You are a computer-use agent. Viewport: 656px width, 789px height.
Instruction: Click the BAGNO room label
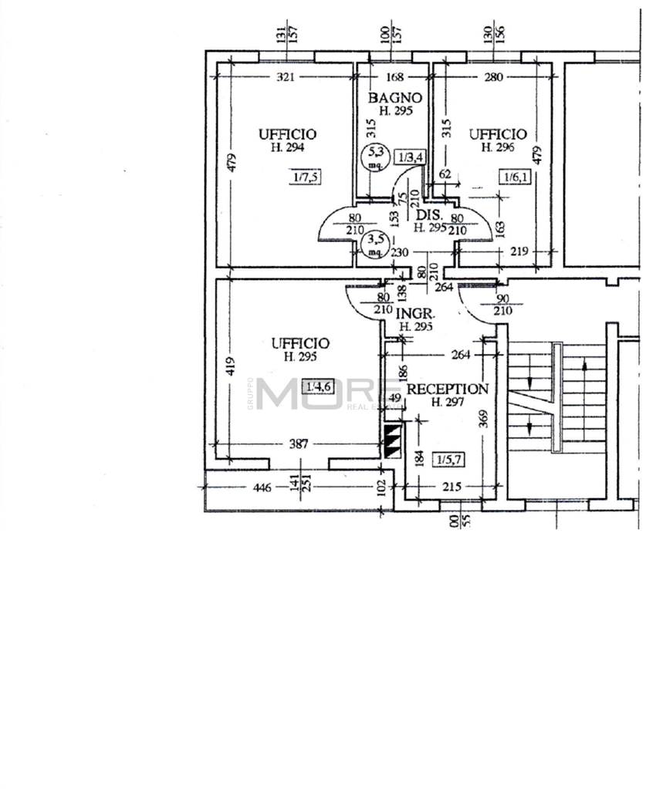pos(394,98)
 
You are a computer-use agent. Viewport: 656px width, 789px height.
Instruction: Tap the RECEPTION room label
pos(447,389)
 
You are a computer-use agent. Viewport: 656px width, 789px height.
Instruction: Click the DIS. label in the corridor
pos(428,215)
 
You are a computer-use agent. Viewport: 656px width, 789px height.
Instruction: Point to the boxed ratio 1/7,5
pos(306,177)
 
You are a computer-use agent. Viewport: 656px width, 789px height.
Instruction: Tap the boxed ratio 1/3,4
pos(410,157)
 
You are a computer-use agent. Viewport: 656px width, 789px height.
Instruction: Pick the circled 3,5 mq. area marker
pos(374,245)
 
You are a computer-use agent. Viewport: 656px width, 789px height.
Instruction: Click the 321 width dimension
pos(286,76)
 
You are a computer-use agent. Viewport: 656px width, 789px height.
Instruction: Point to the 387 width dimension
pos(299,443)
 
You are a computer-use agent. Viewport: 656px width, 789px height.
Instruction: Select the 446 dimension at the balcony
pos(262,487)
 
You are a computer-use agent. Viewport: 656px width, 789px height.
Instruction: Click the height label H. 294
pos(287,147)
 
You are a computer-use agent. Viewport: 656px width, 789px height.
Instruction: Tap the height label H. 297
pos(447,402)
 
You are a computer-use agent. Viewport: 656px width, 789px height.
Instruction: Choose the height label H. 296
pos(498,147)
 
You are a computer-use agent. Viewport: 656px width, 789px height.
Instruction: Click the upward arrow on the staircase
pos(586,369)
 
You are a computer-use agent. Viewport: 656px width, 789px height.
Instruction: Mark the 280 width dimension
pos(493,76)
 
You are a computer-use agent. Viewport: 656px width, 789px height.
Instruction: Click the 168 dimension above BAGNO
pos(394,76)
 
